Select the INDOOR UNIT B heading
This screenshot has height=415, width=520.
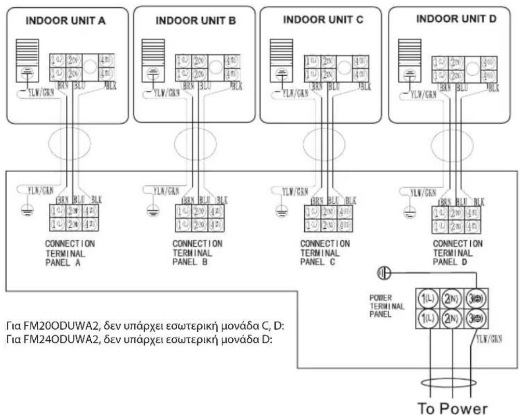point(195,21)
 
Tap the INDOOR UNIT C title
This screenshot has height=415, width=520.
point(323,20)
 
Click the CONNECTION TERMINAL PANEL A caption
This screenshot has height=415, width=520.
point(70,253)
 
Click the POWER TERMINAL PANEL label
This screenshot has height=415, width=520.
point(383,306)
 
